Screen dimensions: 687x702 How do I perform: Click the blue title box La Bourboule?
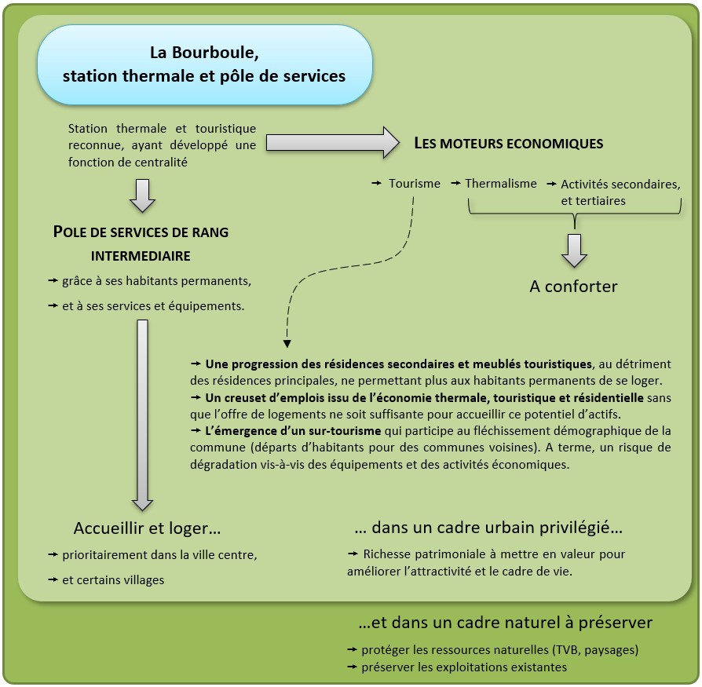(x=204, y=65)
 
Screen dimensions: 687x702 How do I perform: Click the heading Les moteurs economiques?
(x=508, y=144)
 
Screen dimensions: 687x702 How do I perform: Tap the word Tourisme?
(x=415, y=183)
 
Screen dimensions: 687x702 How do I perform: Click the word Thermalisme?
(x=501, y=183)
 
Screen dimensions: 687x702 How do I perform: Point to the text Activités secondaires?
(x=620, y=184)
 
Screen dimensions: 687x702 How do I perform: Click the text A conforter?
(x=573, y=287)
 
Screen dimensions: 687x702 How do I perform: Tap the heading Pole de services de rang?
(x=141, y=232)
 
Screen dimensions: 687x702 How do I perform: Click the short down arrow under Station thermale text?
(x=142, y=196)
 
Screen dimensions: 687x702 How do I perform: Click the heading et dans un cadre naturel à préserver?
(x=505, y=623)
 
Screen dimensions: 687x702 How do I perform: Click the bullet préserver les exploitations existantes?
(x=463, y=667)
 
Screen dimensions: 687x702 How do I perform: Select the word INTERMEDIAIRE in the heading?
(x=141, y=256)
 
